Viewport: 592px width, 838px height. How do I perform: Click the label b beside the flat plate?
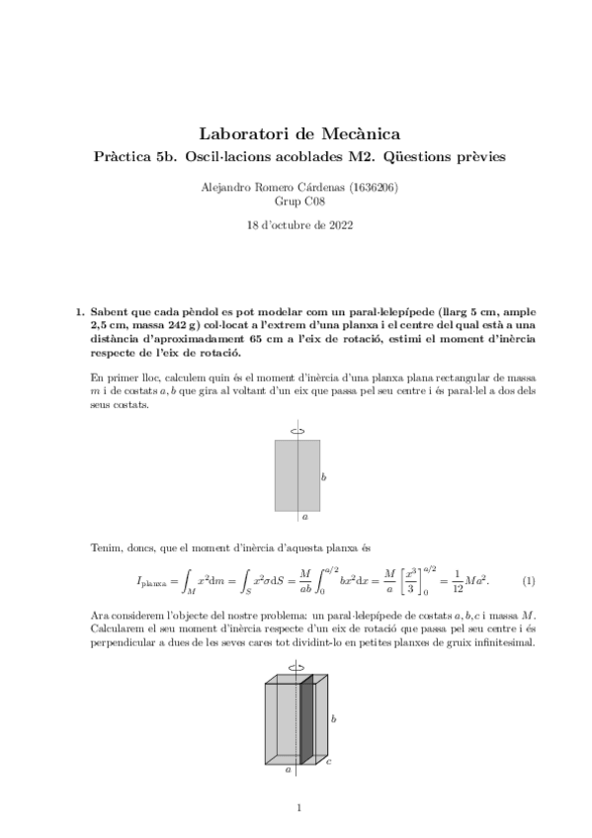tap(324, 477)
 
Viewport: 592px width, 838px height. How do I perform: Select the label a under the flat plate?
tap(304, 516)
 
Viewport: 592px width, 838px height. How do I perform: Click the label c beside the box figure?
tap(328, 762)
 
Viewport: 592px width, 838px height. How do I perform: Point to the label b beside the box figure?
tap(333, 718)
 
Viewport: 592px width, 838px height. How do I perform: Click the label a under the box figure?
tap(288, 768)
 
